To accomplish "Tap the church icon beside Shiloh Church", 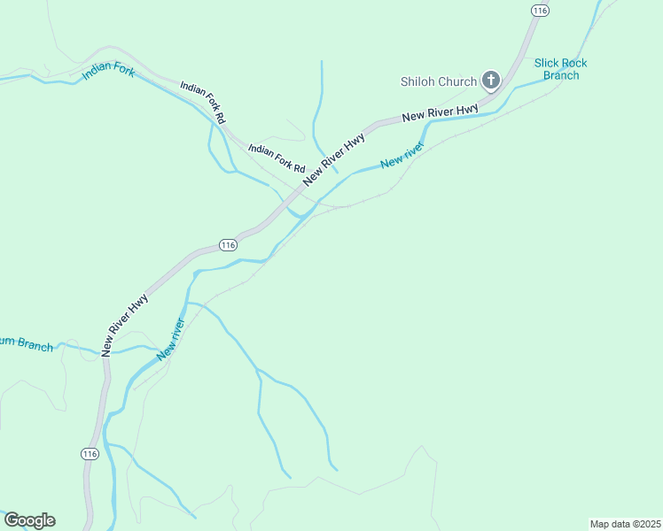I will (490, 81).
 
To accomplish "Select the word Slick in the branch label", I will (550, 63).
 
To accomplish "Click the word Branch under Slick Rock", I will (561, 75).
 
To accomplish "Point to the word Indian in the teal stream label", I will (97, 73).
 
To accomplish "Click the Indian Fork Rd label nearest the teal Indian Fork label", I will (203, 102).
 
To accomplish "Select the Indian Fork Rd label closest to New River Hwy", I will (277, 158).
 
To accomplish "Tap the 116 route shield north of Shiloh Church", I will (540, 10).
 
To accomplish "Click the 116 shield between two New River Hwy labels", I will (228, 244).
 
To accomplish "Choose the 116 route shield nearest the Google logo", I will (89, 453).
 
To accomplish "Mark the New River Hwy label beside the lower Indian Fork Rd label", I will (333, 159).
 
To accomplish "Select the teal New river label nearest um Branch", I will (170, 338).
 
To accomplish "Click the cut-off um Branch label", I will (26, 343).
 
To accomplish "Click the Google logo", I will (29, 520).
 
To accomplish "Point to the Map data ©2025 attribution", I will (625, 524).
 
